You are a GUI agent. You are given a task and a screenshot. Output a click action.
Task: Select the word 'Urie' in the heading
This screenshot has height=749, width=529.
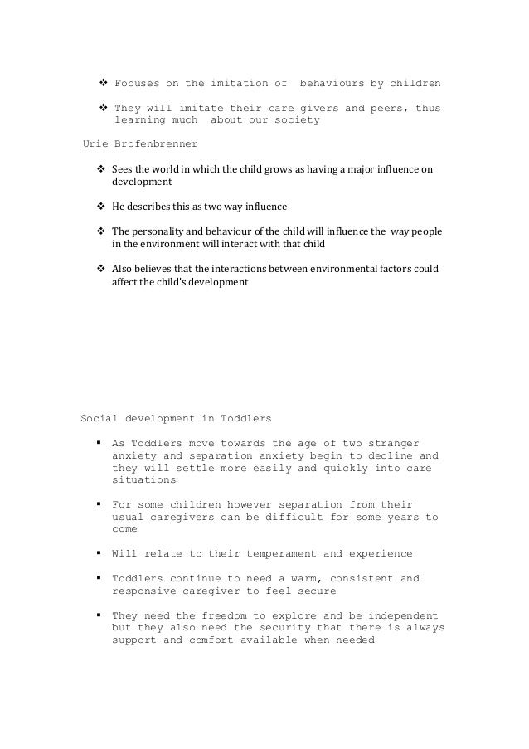[x=98, y=143]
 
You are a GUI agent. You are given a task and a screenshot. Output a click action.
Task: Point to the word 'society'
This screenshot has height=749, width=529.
[x=292, y=120]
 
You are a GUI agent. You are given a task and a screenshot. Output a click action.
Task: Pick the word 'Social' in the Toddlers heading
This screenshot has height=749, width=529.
[x=98, y=418]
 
